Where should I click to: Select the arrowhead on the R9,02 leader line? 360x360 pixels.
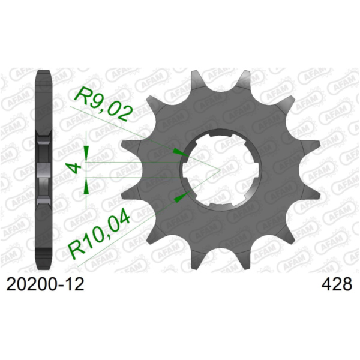pos(176,151)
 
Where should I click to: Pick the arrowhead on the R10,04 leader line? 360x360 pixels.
pos(176,197)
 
